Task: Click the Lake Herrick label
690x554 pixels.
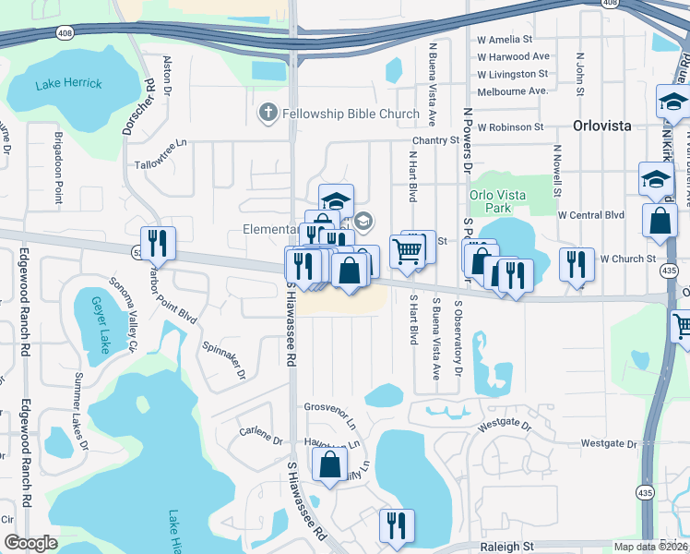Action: (x=68, y=84)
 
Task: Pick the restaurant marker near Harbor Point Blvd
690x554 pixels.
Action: (x=158, y=244)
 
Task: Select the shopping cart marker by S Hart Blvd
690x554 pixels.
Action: (x=407, y=250)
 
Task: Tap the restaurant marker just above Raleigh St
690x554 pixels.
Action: (x=397, y=525)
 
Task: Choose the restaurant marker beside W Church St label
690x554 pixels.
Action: (x=577, y=265)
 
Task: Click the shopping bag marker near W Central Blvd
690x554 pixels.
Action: (x=660, y=222)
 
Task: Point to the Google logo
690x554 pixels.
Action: (x=30, y=542)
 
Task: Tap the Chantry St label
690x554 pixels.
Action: (x=434, y=139)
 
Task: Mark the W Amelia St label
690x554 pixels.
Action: (x=505, y=40)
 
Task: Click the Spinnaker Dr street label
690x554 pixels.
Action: (x=223, y=360)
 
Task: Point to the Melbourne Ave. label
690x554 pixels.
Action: (x=512, y=90)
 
